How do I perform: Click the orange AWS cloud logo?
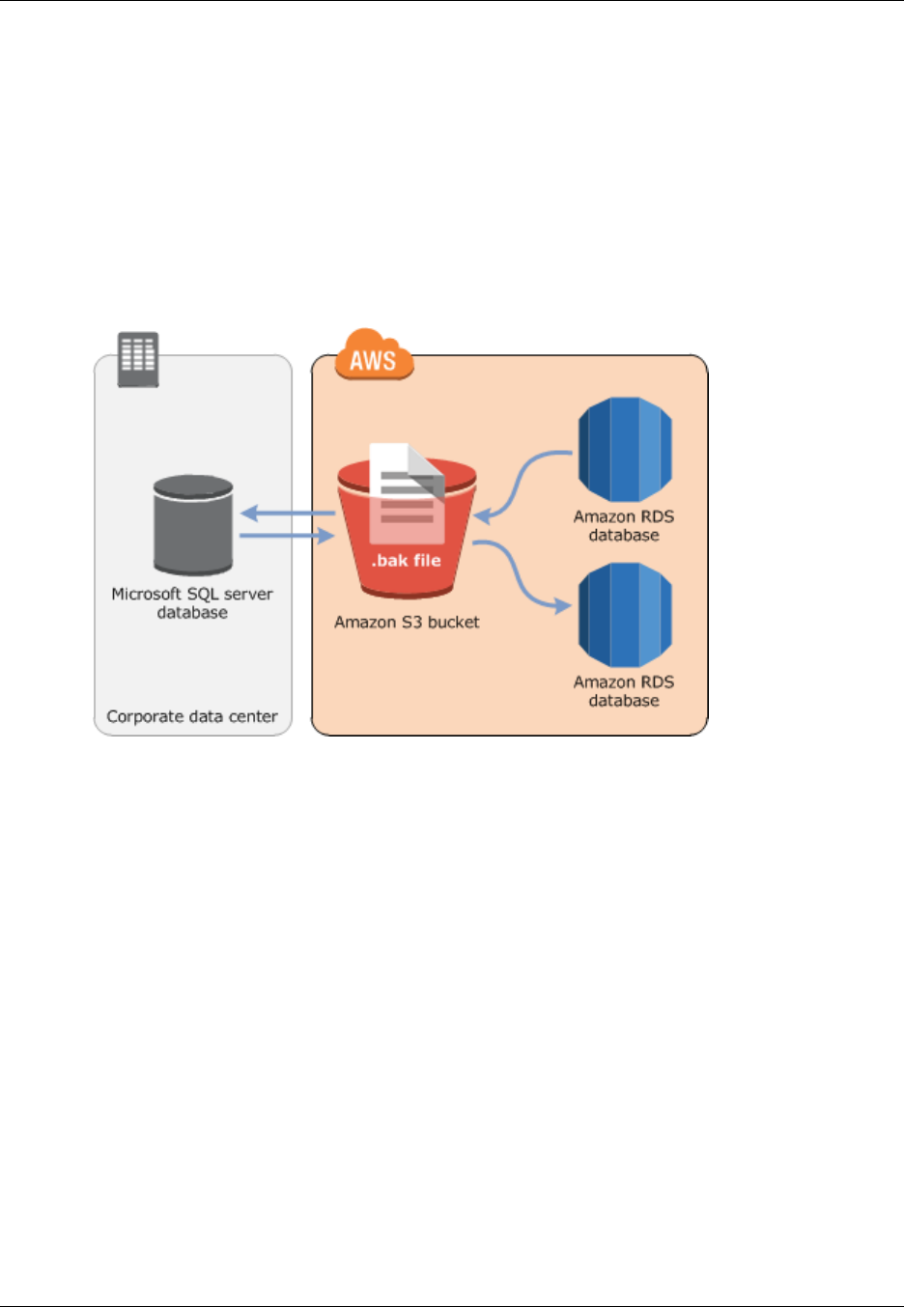pyautogui.click(x=374, y=357)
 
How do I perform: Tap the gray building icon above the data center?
pyautogui.click(x=137, y=359)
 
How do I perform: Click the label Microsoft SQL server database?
pyautogui.click(x=192, y=603)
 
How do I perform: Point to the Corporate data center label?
pyautogui.click(x=192, y=716)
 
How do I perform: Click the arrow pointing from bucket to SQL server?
pyautogui.click(x=286, y=513)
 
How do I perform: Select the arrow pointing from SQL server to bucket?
pyautogui.click(x=286, y=535)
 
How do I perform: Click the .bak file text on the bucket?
pyautogui.click(x=407, y=560)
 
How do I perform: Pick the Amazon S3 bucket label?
pyautogui.click(x=407, y=623)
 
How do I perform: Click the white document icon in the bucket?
pyautogui.click(x=407, y=487)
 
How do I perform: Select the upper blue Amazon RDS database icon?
pyautogui.click(x=624, y=450)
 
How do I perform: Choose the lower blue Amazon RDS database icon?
pyautogui.click(x=624, y=615)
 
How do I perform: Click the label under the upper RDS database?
pyautogui.click(x=624, y=526)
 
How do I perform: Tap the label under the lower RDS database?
pyautogui.click(x=624, y=691)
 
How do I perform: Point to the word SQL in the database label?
pyautogui.click(x=201, y=594)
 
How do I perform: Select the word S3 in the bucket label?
pyautogui.click(x=412, y=623)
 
